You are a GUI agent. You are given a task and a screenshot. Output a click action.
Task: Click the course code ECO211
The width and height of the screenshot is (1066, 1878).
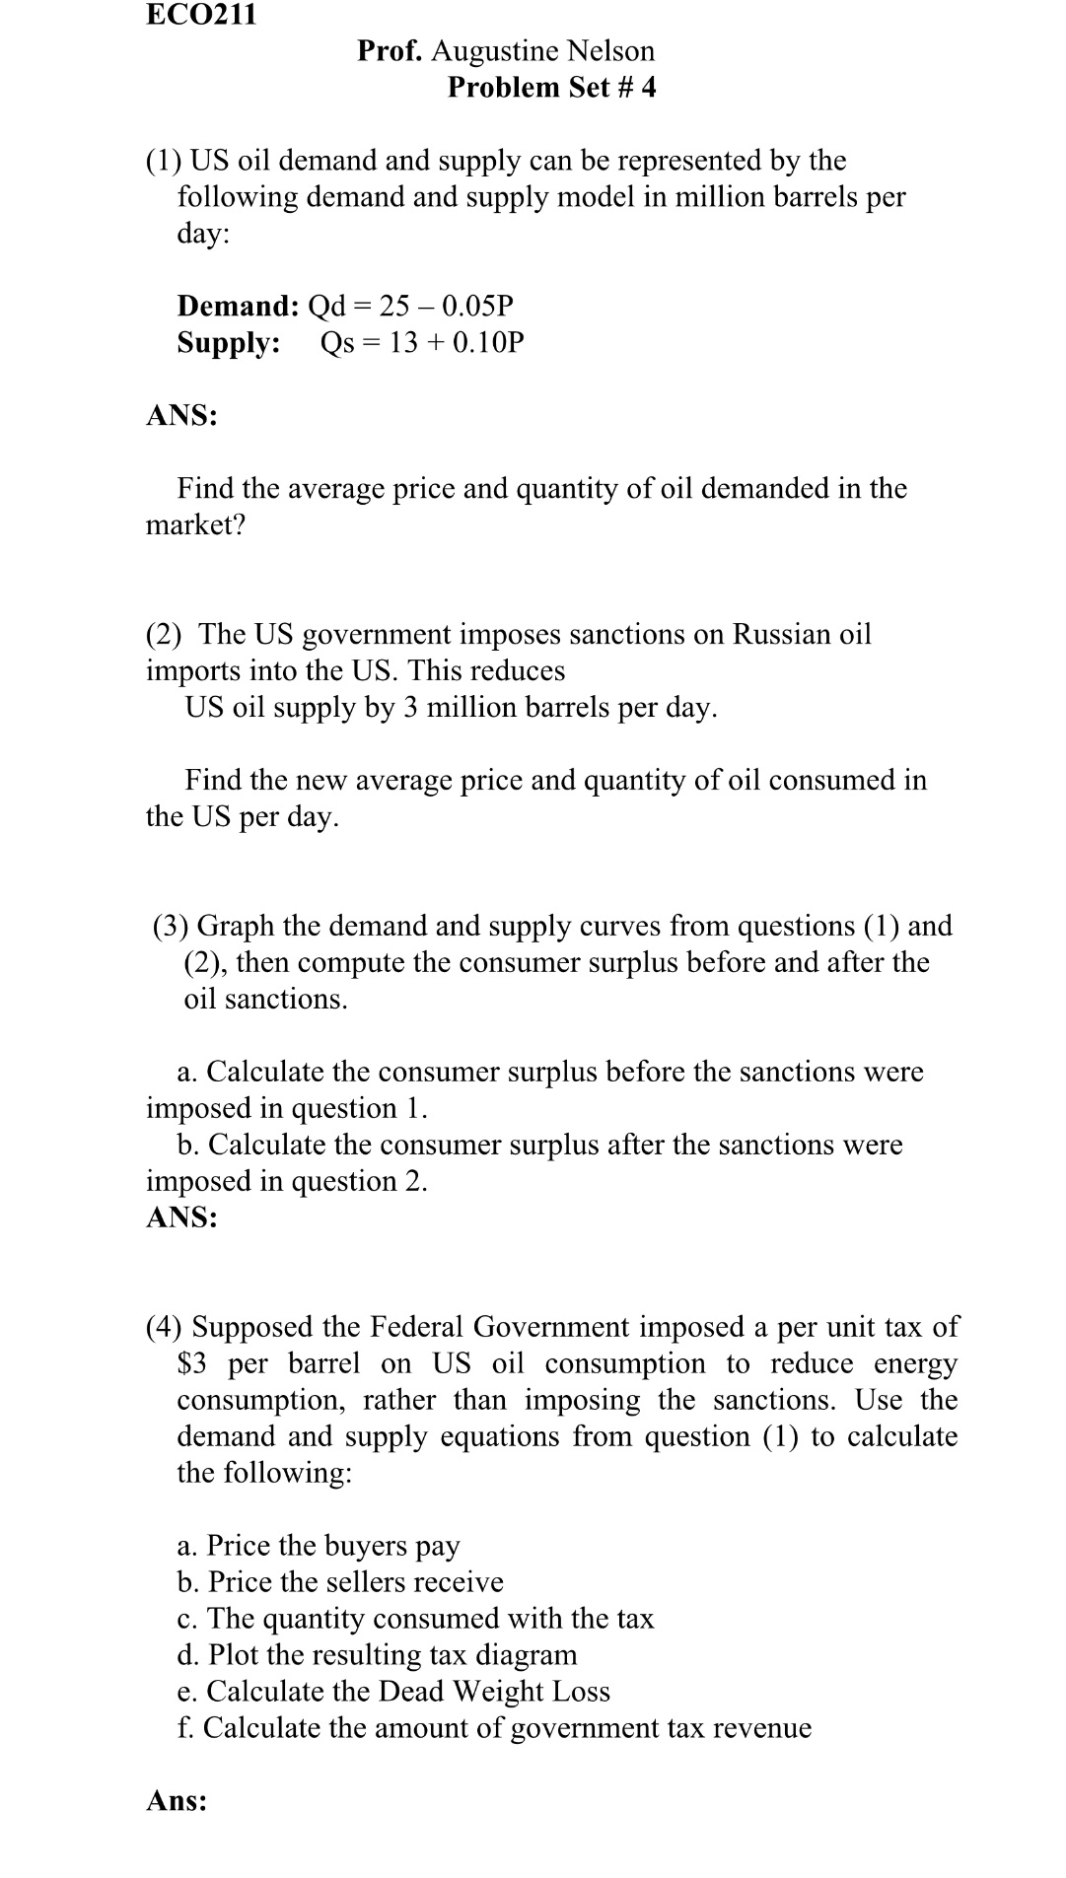(x=201, y=15)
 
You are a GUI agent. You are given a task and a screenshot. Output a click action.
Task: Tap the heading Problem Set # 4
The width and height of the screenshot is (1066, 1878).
(x=551, y=88)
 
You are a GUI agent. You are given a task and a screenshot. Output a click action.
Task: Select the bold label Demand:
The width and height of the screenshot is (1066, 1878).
(x=238, y=306)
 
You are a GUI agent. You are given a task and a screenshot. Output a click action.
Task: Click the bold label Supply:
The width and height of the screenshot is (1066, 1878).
(x=229, y=343)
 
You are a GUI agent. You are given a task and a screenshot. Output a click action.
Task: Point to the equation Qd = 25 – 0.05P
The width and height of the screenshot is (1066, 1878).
(x=411, y=306)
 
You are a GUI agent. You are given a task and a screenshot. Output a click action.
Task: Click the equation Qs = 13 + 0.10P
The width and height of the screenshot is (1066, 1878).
(x=422, y=343)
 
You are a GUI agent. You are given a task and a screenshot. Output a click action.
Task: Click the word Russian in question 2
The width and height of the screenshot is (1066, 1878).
(x=781, y=634)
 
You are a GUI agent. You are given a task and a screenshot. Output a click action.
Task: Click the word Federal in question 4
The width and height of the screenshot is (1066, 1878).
(x=415, y=1328)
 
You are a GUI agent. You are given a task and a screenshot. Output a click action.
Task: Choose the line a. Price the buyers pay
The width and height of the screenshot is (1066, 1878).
(x=319, y=1546)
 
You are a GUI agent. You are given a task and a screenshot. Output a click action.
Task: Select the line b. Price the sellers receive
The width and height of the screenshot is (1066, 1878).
(x=340, y=1582)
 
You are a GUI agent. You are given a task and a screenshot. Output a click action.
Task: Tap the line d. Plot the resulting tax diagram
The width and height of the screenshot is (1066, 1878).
(x=377, y=1655)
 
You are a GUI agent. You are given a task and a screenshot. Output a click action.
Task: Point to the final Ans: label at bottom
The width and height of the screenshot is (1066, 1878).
(x=177, y=1801)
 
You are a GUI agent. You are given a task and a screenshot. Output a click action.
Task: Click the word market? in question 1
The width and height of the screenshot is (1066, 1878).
(x=195, y=525)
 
